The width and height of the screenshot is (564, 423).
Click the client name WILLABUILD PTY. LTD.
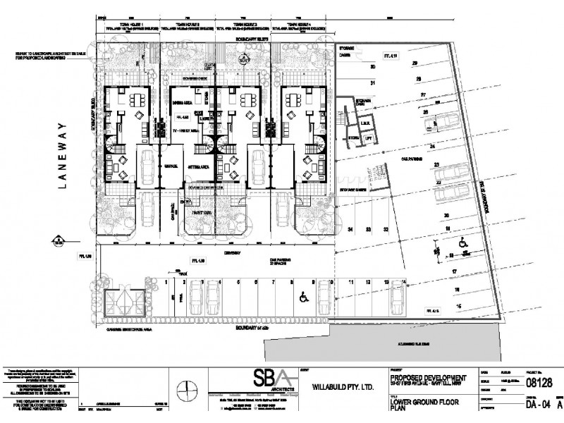point(336,386)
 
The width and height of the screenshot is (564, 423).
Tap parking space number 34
point(350,230)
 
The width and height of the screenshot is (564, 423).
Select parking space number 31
point(374,83)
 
